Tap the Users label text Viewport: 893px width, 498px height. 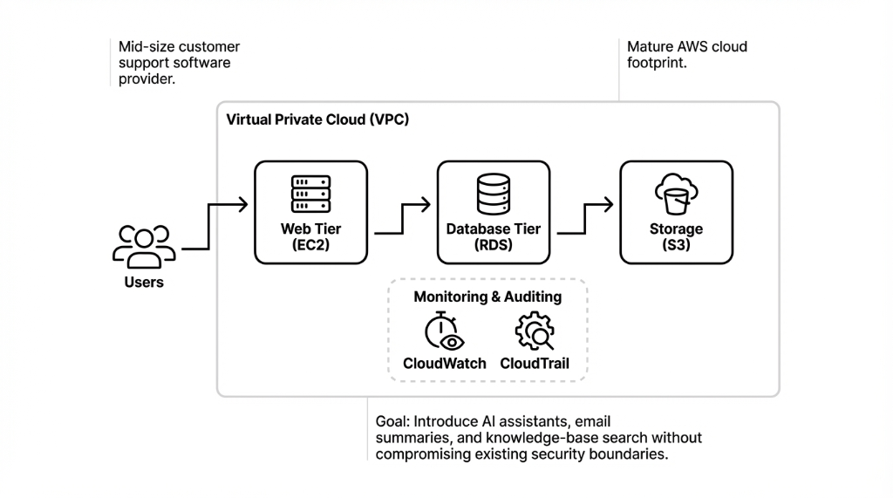click(x=144, y=283)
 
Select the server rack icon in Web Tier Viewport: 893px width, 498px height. click(x=310, y=194)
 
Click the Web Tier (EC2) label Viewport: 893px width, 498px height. click(x=310, y=237)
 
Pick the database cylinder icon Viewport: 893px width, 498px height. click(x=493, y=194)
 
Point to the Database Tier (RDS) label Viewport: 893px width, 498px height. click(x=494, y=237)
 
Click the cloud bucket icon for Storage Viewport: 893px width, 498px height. click(x=676, y=194)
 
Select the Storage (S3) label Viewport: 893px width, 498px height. click(x=676, y=237)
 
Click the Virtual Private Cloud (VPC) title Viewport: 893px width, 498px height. click(x=317, y=119)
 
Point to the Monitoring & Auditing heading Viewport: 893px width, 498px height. click(x=487, y=297)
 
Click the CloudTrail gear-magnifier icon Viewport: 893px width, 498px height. click(x=535, y=332)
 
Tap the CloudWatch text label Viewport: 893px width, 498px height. click(x=445, y=363)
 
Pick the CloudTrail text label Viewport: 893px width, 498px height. click(x=535, y=363)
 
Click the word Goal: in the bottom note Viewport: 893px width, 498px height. click(x=394, y=421)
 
